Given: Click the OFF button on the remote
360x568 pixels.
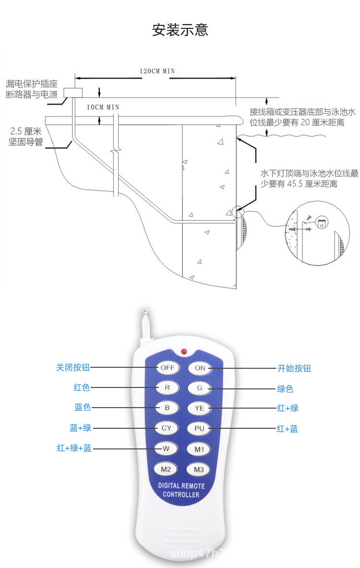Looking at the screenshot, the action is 167,368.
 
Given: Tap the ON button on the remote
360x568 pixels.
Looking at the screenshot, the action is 200,368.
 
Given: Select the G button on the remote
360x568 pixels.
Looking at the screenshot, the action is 200,388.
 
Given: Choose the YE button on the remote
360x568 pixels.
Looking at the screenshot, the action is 200,408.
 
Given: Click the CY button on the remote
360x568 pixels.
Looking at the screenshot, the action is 167,428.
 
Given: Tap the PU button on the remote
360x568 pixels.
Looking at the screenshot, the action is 200,428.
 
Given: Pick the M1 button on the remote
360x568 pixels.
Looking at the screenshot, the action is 200,449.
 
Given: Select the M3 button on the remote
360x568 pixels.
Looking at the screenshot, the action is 200,469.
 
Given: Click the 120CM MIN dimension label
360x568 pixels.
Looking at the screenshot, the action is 157,71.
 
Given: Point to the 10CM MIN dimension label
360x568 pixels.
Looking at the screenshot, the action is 103,107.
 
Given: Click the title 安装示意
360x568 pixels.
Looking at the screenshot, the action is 180,30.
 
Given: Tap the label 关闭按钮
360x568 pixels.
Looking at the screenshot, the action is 73,368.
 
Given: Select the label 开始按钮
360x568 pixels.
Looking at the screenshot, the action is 294,368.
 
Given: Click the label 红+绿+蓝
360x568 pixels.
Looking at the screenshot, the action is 74,448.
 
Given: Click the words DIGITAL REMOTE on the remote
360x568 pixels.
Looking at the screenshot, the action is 181,486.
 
